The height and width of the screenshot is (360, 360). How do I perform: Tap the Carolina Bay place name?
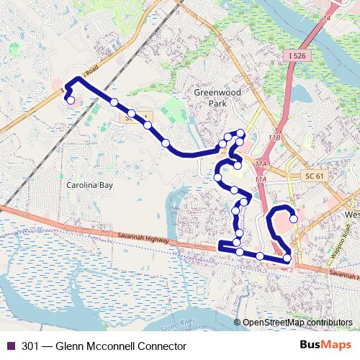tap(90, 185)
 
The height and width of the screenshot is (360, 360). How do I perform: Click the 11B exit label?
tap(274, 136)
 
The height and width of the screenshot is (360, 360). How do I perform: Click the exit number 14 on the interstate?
tap(328, 17)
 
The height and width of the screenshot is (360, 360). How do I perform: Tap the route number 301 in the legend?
tap(31, 346)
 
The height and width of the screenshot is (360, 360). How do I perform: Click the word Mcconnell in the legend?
tap(114, 346)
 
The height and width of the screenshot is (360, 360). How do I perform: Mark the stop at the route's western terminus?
tap(71, 101)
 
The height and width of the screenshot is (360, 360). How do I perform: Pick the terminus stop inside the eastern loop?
tap(293, 219)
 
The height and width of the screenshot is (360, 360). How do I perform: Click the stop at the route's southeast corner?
tap(287, 258)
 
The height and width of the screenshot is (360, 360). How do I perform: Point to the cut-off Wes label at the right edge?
tap(352, 215)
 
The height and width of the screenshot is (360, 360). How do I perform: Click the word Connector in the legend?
tap(163, 346)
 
